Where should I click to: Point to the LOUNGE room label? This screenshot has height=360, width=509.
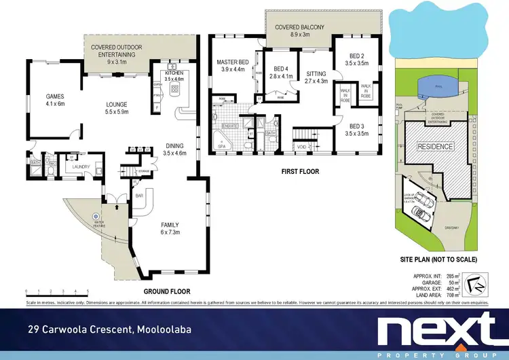pyautogui.click(x=117, y=105)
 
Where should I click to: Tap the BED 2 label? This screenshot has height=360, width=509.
pyautogui.click(x=358, y=56)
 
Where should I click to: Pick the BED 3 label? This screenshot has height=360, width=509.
pyautogui.click(x=358, y=126)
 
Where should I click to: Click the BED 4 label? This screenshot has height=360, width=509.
pyautogui.click(x=282, y=69)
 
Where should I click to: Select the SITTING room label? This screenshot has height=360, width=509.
pyautogui.click(x=316, y=73)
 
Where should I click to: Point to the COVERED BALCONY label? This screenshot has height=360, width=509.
pyautogui.click(x=300, y=27)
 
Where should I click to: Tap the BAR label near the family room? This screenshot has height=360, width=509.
pyautogui.click(x=140, y=196)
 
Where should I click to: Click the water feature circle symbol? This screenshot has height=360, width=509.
pyautogui.click(x=96, y=217)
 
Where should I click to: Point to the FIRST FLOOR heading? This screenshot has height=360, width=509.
pyautogui.click(x=300, y=172)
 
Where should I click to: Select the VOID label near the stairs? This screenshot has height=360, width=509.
pyautogui.click(x=301, y=146)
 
